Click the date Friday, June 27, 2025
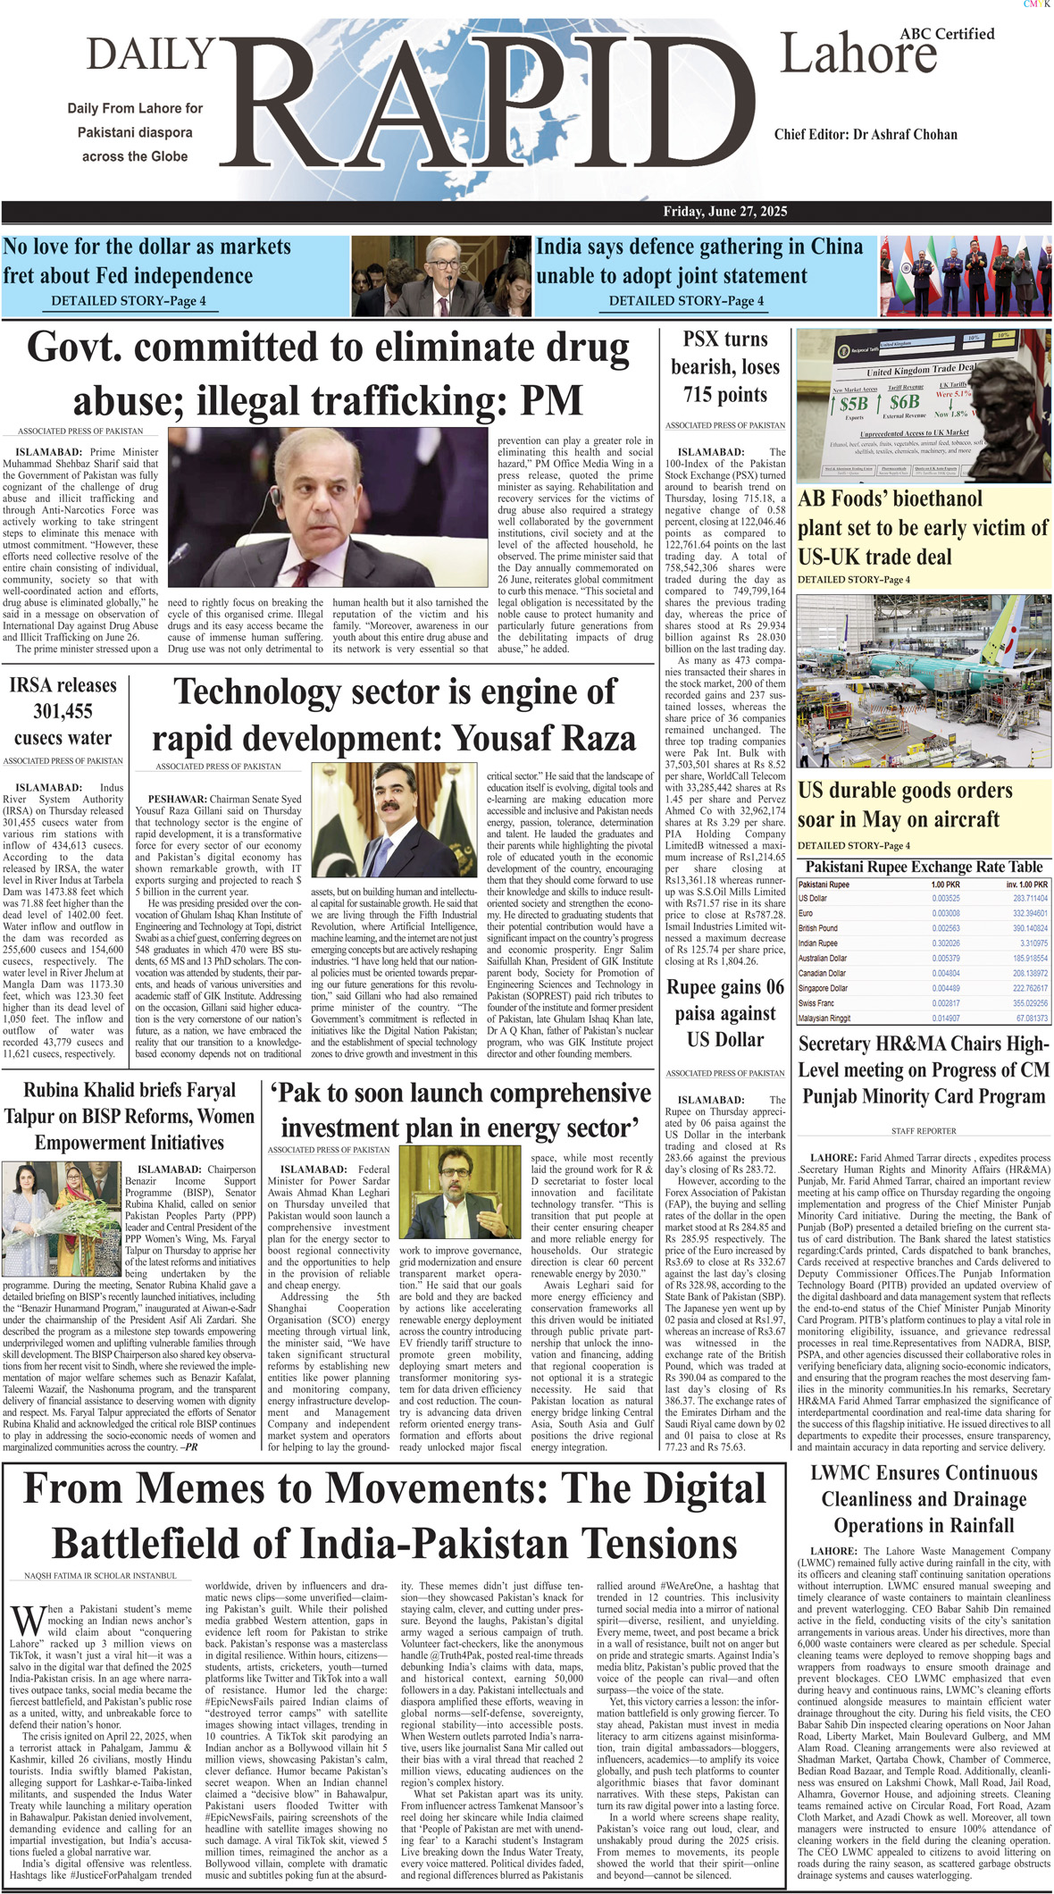(x=724, y=212)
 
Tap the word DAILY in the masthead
(x=150, y=54)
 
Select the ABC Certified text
(x=947, y=34)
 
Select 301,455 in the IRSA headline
(x=63, y=712)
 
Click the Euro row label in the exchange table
(x=806, y=913)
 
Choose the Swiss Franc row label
(x=816, y=1003)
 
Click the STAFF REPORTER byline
(x=924, y=1131)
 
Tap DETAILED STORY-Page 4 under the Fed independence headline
(x=129, y=301)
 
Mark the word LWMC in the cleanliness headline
(x=848, y=1473)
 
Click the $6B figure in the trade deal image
(x=904, y=403)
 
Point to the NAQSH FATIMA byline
(x=100, y=1575)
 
